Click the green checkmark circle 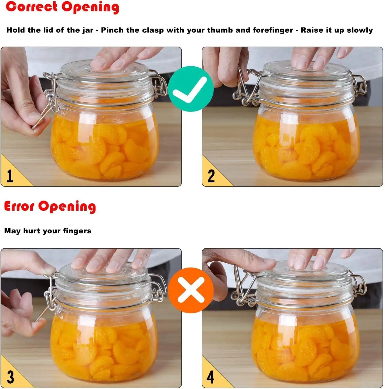191,89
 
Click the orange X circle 191,290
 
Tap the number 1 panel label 10,176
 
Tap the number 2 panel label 211,176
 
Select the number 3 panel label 10,377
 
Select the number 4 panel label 210,377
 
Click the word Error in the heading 19,207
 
